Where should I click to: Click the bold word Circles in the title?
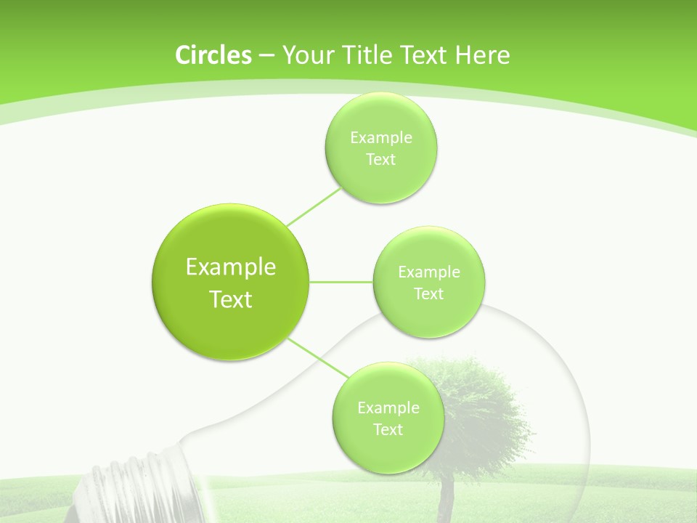[213, 54]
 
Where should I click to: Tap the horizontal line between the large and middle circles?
[341, 281]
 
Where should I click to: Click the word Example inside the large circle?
[231, 267]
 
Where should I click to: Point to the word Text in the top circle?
[380, 160]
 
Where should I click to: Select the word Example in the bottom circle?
[388, 408]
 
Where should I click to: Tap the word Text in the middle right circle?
[429, 294]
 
